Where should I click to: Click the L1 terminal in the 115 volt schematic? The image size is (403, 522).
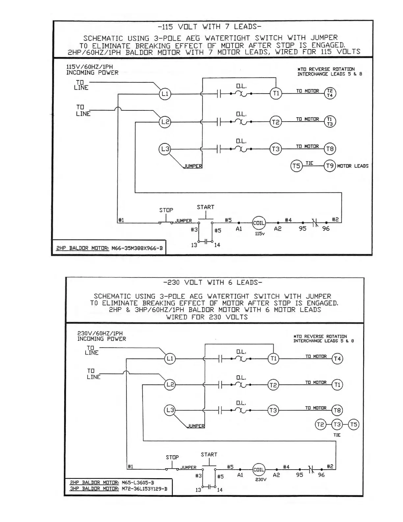click(x=165, y=94)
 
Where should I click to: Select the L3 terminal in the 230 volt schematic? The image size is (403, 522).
click(x=170, y=410)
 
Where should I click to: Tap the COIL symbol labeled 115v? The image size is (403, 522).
click(x=259, y=223)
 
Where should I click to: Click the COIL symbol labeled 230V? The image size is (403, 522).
click(x=259, y=470)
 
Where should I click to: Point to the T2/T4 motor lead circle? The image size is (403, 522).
click(x=330, y=93)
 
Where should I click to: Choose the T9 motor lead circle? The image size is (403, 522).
click(x=330, y=166)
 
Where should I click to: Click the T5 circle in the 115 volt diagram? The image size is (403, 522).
click(x=296, y=166)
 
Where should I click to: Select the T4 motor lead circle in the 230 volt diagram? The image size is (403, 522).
click(x=337, y=359)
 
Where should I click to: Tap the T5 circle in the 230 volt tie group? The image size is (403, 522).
click(x=354, y=424)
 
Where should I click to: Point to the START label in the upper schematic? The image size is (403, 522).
click(x=205, y=207)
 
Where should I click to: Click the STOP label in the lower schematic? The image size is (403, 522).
click(x=172, y=457)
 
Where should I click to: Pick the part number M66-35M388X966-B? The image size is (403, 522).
click(x=137, y=248)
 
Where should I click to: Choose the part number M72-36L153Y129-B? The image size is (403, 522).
click(x=144, y=489)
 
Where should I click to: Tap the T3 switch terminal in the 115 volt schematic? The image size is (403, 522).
click(x=276, y=149)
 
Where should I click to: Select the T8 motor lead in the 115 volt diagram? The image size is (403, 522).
click(x=330, y=149)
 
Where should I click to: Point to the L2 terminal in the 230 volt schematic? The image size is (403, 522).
click(x=170, y=385)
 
